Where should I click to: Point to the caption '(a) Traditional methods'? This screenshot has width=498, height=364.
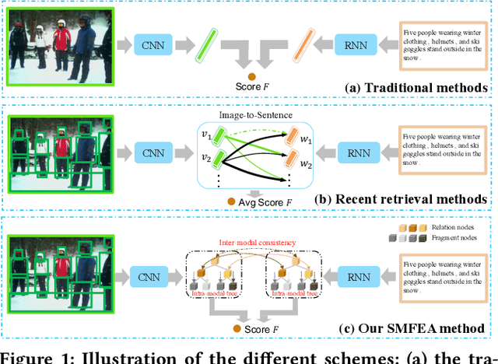416,88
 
